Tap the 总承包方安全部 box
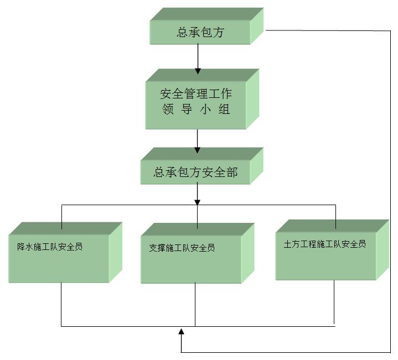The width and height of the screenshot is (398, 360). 195,173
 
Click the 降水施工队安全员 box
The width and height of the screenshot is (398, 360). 59,258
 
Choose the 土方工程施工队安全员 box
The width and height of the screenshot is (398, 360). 325,254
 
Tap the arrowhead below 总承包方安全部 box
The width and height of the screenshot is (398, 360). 198,202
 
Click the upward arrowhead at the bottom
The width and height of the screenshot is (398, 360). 182,332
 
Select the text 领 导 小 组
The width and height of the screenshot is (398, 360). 196,110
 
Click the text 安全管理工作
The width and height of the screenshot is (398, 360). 196,93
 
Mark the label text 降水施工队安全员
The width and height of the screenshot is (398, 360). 50,247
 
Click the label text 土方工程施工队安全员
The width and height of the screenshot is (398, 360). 325,244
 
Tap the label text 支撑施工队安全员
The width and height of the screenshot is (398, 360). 182,248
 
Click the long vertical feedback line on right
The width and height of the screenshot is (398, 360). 391,194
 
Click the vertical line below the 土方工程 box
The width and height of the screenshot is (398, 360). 334,301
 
